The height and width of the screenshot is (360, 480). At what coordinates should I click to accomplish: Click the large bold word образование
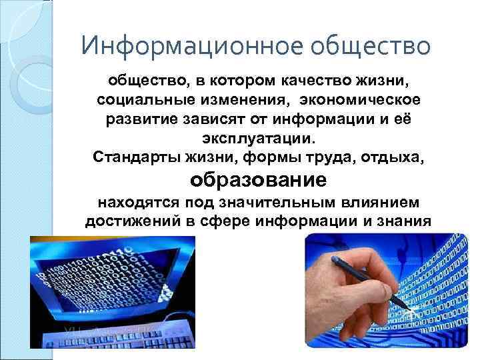259,180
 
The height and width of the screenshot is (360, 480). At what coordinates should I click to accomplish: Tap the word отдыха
396,159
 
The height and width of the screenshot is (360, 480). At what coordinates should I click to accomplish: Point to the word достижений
126,221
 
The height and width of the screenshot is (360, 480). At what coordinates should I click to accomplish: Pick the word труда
338,159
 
